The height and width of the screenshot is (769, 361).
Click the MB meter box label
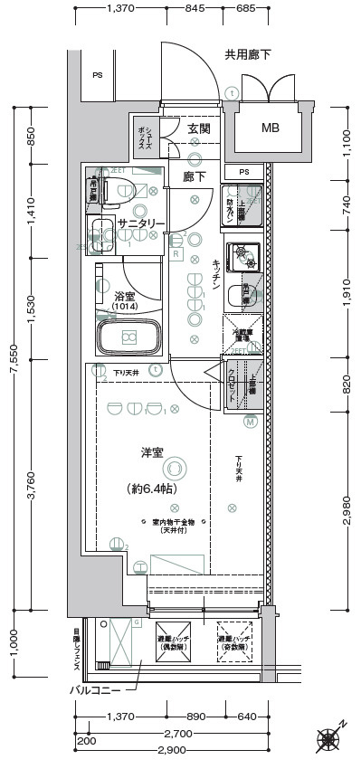coord(271,128)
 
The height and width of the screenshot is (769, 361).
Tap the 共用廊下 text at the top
coord(247,56)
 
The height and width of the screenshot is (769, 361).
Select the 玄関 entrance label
coord(199,129)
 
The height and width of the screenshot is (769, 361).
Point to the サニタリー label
coord(141,223)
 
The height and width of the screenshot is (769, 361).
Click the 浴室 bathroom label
coord(125,296)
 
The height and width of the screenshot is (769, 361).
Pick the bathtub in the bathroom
coord(128,338)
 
